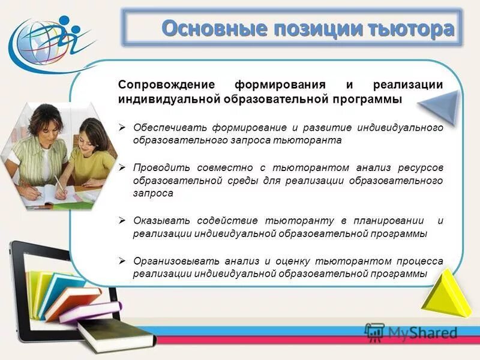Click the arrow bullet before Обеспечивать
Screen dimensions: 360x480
pos(122,128)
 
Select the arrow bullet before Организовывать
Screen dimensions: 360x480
pos(122,261)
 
